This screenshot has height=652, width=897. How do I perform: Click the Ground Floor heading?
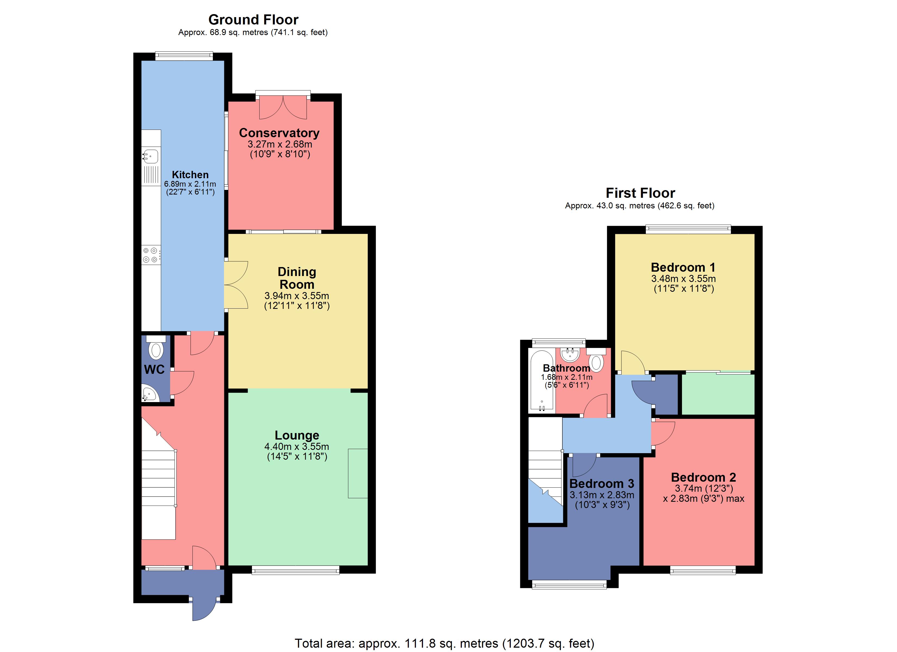(x=253, y=20)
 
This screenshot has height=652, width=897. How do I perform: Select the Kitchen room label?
(x=190, y=175)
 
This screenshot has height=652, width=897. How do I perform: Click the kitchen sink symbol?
(x=151, y=156)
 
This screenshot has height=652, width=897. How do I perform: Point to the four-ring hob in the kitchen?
(x=151, y=255)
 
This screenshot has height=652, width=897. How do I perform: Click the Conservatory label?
(x=279, y=133)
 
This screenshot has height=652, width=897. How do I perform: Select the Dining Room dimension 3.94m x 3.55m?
(x=297, y=296)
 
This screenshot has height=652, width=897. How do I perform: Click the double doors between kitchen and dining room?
(x=236, y=285)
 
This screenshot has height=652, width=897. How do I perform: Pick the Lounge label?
(x=297, y=435)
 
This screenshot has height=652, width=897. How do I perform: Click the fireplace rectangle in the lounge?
(x=357, y=473)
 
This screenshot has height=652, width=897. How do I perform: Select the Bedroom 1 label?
(x=683, y=267)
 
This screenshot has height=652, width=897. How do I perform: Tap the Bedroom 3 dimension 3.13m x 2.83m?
(x=602, y=495)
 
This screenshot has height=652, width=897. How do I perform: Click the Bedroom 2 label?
(x=703, y=477)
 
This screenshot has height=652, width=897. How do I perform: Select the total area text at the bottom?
(x=444, y=643)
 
